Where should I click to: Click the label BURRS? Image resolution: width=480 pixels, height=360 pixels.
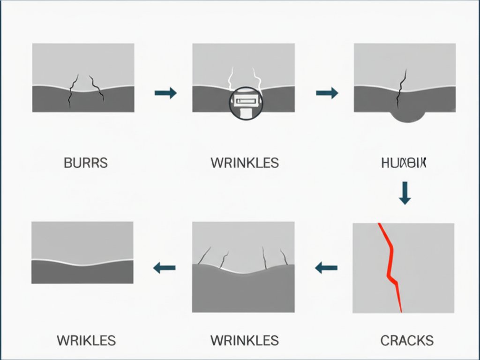click(x=85, y=163)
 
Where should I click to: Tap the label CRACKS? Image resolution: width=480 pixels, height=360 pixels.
click(x=406, y=340)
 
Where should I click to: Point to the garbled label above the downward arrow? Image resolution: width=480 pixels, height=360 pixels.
click(x=404, y=163)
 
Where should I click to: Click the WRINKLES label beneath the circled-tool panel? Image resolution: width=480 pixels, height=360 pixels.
click(x=244, y=163)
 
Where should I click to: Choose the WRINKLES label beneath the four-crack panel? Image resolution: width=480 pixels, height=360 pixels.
click(x=244, y=340)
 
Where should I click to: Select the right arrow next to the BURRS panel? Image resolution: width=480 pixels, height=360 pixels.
click(x=165, y=93)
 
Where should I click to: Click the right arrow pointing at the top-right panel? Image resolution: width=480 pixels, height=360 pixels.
click(x=327, y=93)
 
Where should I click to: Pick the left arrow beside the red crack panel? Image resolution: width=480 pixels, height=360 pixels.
click(x=326, y=268)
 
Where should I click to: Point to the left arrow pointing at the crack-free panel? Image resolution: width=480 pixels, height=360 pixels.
click(x=165, y=268)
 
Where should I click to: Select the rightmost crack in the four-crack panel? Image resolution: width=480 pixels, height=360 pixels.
click(x=284, y=257)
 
